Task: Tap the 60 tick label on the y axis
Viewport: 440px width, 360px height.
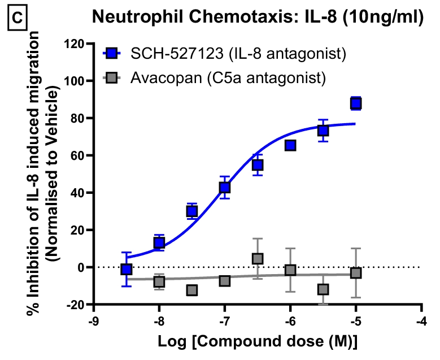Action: tap(79, 155)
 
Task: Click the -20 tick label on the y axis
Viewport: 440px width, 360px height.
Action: tap(77, 305)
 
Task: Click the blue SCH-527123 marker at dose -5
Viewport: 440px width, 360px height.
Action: tap(356, 103)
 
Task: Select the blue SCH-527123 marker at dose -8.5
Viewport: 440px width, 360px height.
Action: tap(127, 269)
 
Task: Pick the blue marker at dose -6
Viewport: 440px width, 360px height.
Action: tap(290, 145)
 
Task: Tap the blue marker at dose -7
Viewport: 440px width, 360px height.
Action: tap(225, 187)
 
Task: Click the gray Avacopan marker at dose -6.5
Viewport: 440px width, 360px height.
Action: tap(258, 258)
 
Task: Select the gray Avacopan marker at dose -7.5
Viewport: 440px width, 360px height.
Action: tap(192, 290)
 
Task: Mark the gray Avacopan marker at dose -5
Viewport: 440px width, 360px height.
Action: tap(356, 273)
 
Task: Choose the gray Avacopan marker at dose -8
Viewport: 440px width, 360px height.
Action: tap(159, 281)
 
